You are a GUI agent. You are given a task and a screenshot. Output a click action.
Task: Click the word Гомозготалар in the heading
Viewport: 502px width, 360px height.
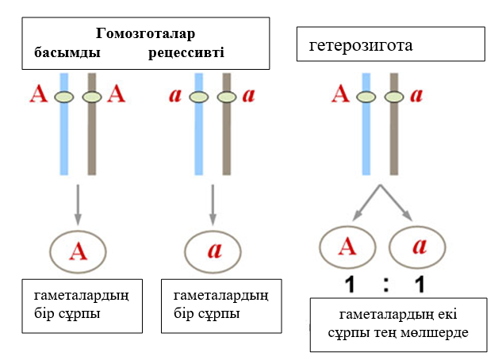(x=145, y=34)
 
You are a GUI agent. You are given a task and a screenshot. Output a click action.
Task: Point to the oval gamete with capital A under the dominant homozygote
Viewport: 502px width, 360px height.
(x=78, y=251)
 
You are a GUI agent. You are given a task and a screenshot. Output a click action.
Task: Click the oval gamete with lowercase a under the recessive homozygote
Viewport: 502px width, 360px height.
(x=213, y=251)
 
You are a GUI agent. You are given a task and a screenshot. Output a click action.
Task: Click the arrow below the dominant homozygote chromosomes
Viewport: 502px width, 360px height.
(x=77, y=204)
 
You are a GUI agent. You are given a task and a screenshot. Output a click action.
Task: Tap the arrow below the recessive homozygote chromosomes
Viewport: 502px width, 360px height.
(x=212, y=204)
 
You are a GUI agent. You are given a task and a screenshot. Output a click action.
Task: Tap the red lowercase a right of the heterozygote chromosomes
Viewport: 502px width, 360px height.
(x=417, y=96)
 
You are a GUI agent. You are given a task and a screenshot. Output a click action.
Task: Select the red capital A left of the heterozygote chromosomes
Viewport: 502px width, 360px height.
(x=339, y=96)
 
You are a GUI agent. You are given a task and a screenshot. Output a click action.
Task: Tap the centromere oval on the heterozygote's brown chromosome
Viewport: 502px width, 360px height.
(x=393, y=97)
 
